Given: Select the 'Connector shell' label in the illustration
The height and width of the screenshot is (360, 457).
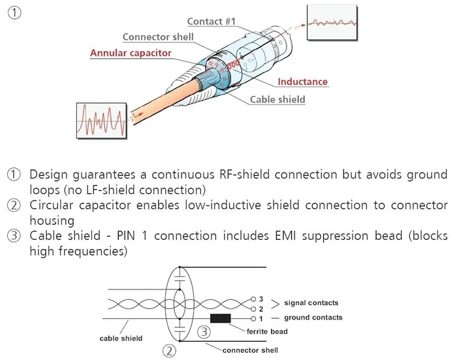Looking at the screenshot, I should pos(158,37).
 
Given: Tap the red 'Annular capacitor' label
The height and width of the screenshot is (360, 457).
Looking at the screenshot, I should pos(131,52).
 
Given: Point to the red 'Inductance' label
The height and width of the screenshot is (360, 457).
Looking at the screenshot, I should pos(302,82).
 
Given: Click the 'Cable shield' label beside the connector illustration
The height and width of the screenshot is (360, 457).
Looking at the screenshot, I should pos(277,99).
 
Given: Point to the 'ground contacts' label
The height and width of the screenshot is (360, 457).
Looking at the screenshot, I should pos(313,318).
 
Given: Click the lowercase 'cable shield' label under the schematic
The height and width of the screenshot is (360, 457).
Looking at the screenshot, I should pos(121,338).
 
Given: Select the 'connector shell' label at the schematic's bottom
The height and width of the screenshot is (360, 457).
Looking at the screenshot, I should pos(250,350).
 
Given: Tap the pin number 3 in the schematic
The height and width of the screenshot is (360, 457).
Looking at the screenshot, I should pos(260,299).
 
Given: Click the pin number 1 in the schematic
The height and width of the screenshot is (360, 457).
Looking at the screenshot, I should pos(260,318).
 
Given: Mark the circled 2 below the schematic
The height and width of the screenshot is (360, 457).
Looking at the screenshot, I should pos(170,352).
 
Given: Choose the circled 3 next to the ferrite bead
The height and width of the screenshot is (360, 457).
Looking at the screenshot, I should pos(204,332).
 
